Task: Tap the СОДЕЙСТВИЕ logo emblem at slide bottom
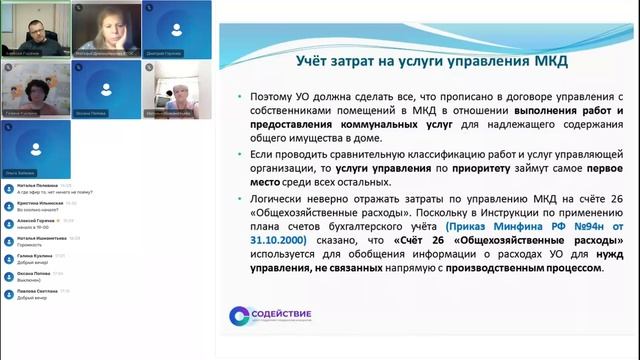click(239, 315)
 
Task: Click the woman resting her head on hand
click(103, 24)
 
